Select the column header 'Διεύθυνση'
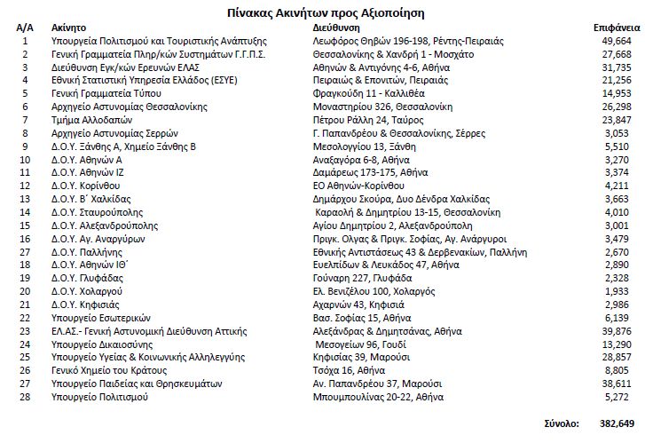336,28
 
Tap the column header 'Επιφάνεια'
612,28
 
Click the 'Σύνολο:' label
562,423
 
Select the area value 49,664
617,41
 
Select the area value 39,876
617,330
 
